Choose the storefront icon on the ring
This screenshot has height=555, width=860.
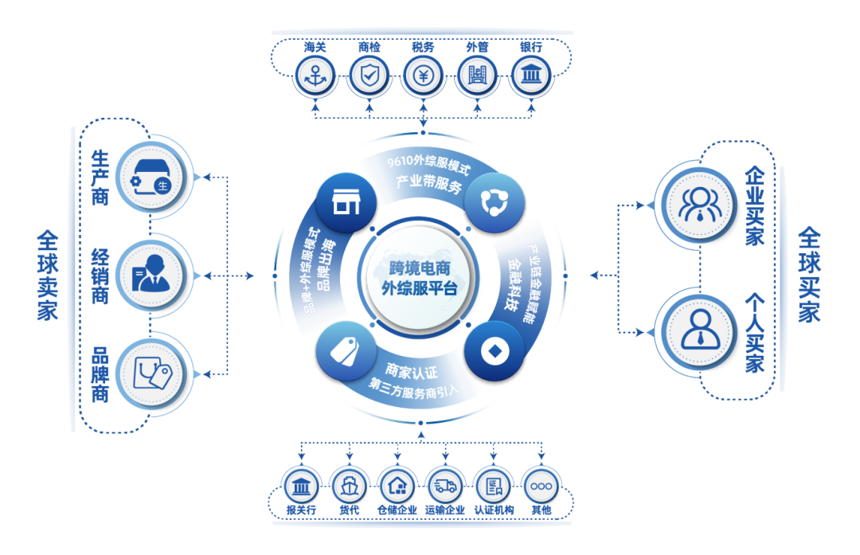tap(343, 202)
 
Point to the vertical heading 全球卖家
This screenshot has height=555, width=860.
tap(47, 276)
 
